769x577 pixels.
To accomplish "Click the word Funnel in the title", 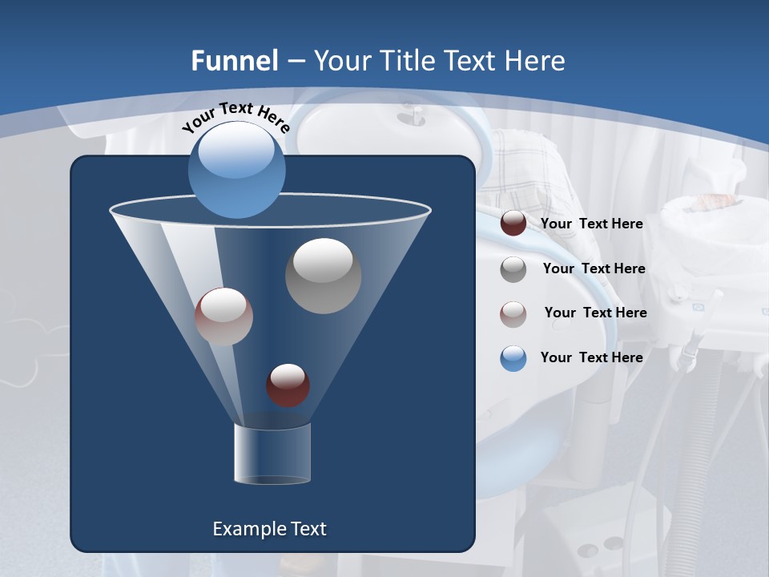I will coord(235,60).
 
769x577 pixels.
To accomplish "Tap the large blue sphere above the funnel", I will coord(237,170).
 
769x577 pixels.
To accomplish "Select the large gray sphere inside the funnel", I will coord(323,276).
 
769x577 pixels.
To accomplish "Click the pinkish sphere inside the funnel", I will coord(223,317).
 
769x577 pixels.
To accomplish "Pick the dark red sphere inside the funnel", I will coord(288,385).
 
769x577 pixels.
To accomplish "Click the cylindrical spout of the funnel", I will coord(272,454).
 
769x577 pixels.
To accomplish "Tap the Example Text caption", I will coord(269,529).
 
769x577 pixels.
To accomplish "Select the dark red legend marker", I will coord(513,224).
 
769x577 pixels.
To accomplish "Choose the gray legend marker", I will coord(513,269).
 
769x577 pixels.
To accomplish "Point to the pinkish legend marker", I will coord(513,313).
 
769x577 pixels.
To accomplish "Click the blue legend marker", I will coord(513,358).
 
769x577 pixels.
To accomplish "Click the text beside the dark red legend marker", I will coord(591,224).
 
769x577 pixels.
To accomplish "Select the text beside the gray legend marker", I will coord(594,268).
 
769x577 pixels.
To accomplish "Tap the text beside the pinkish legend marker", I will coord(595,313).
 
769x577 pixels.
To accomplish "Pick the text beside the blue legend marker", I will coord(591,357).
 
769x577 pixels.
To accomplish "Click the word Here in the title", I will coord(534,60).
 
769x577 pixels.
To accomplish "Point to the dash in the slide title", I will coord(296,62).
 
